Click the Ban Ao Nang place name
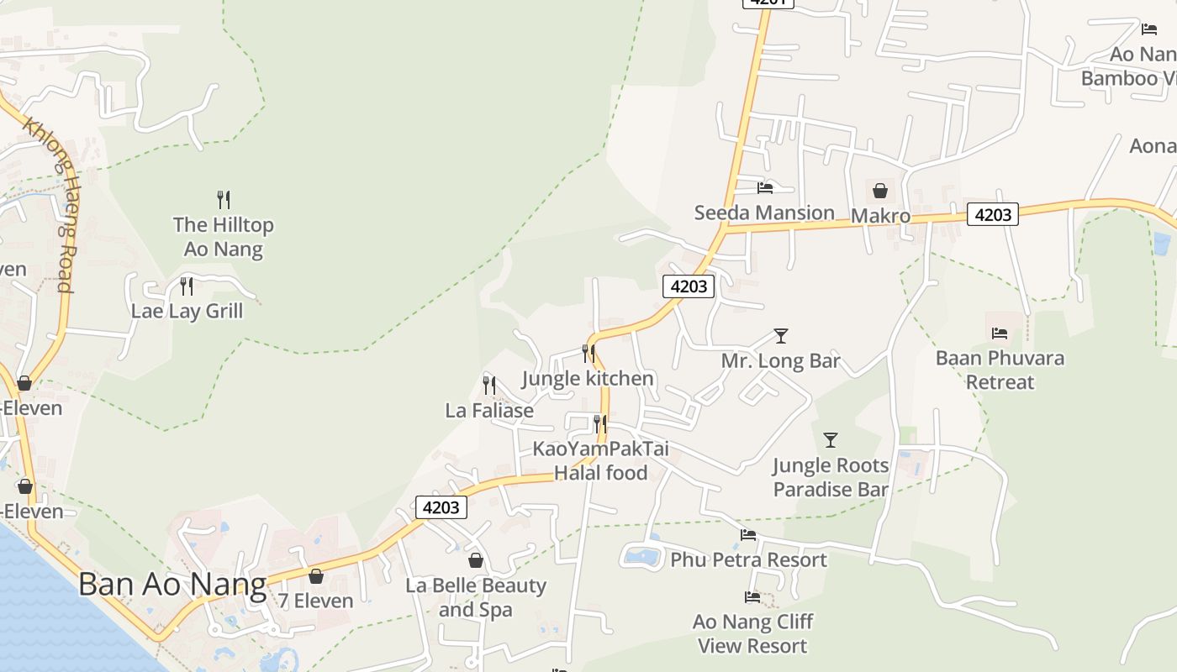172,584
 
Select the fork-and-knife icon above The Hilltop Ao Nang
224,200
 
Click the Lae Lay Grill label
187,311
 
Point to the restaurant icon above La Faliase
489,386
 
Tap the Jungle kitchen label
588,378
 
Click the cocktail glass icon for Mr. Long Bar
781,336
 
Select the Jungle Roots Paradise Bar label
831,477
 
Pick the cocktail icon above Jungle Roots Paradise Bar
831,439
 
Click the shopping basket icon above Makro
880,191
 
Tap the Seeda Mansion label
764,213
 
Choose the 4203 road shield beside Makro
993,214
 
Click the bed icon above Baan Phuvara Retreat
1000,333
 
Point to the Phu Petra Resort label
748,559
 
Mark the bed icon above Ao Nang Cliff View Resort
752,597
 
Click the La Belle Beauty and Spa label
476,597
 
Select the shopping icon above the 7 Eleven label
316,576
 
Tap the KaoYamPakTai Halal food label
600,460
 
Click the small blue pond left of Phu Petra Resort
643,555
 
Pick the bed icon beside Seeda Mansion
765,188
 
